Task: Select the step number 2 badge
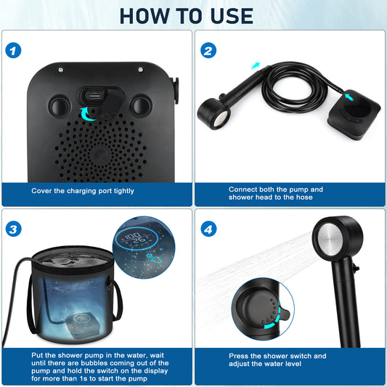tap(208, 50)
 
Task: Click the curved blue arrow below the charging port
tap(90, 113)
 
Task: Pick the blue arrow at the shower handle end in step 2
tap(255, 66)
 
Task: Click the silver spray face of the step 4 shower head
tap(333, 243)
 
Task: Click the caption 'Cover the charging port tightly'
tap(83, 190)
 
